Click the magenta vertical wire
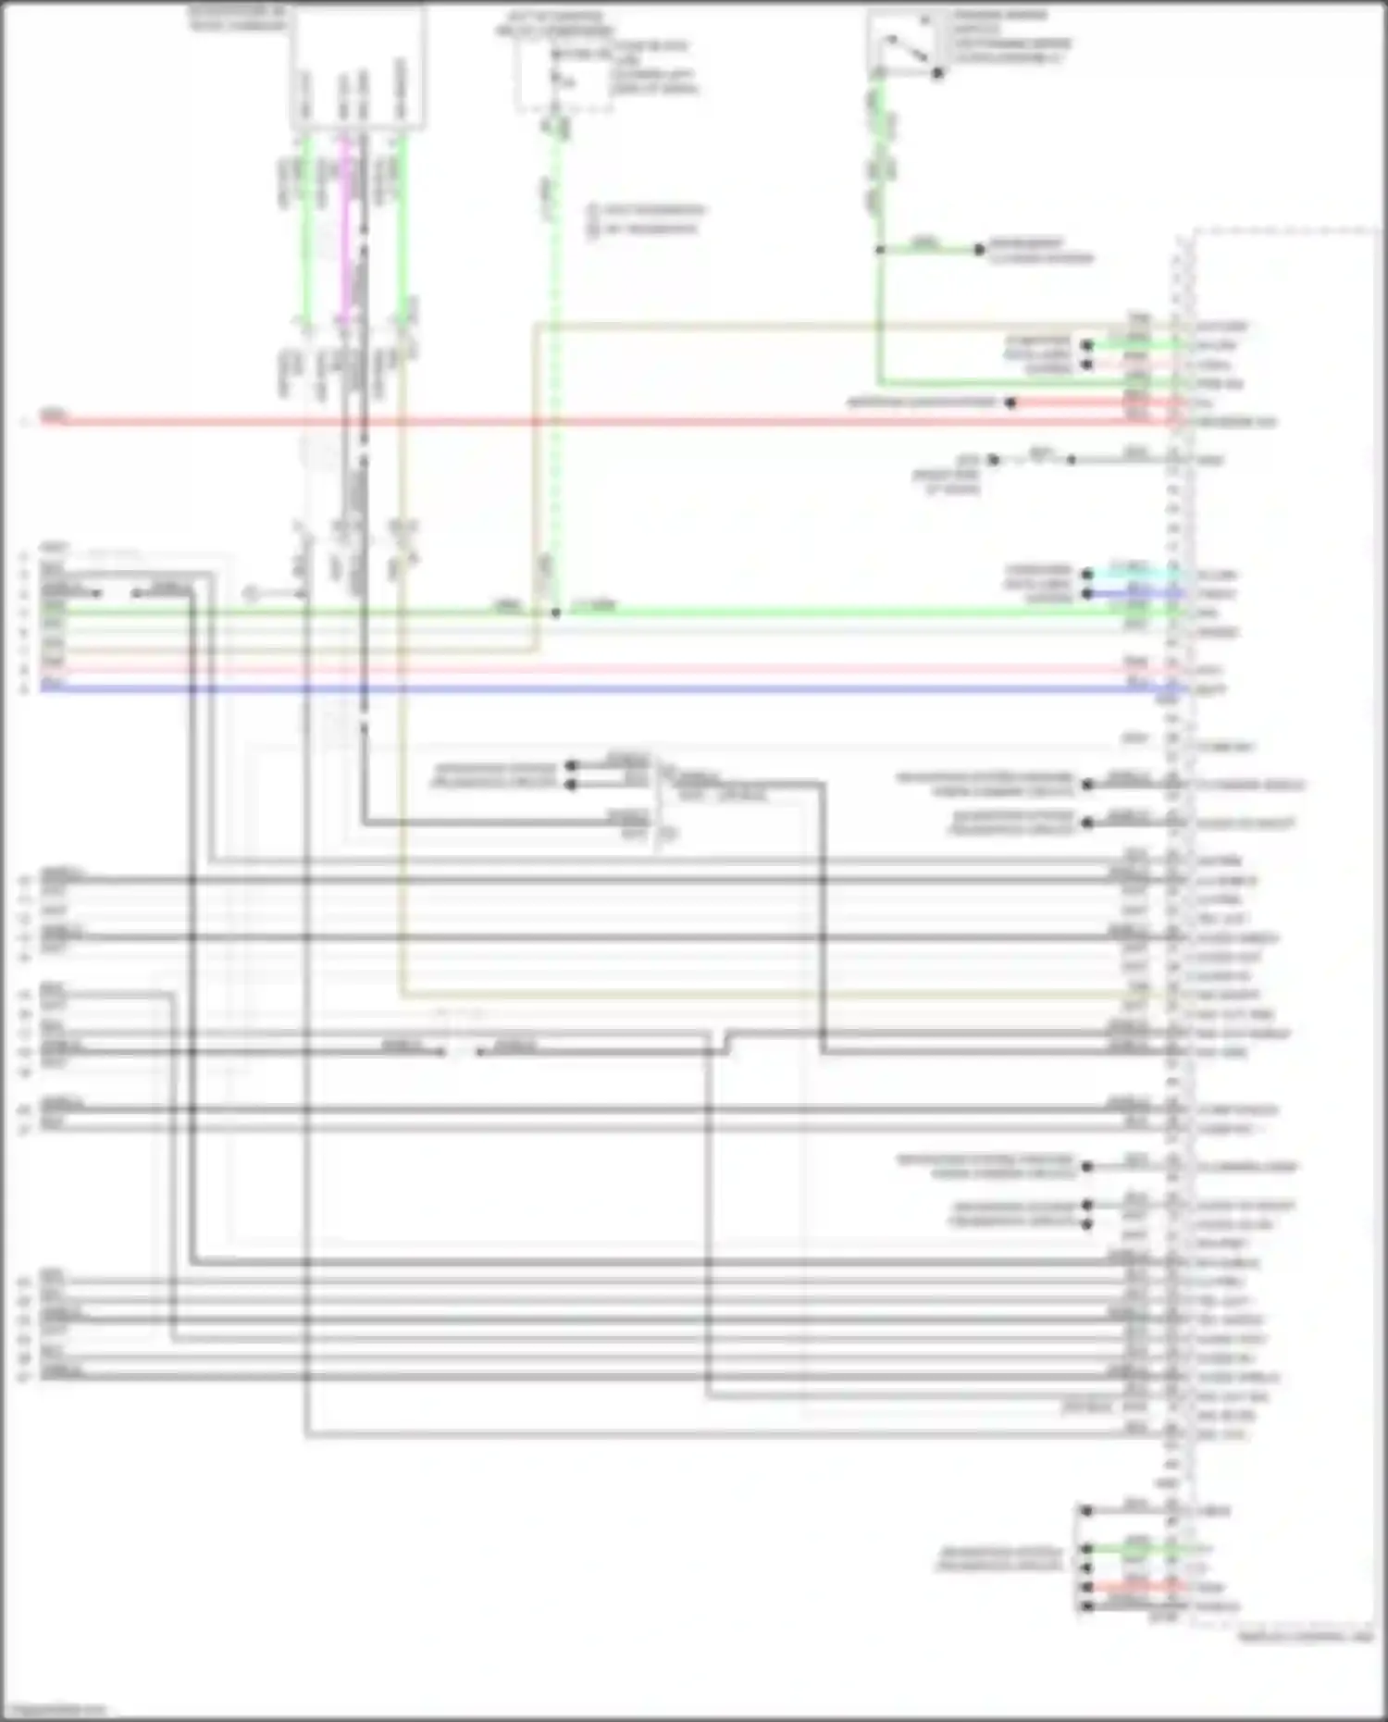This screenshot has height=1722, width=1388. click(345, 231)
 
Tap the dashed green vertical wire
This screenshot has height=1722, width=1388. click(555, 370)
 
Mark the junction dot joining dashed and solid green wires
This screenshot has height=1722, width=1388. click(555, 613)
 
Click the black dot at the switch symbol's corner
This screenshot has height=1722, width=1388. click(937, 72)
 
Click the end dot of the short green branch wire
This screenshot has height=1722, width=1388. click(978, 250)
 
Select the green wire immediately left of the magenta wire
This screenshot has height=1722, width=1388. click(305, 231)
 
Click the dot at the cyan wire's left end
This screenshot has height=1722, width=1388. click(1087, 575)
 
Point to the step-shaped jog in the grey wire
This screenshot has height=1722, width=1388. click(726, 1043)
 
